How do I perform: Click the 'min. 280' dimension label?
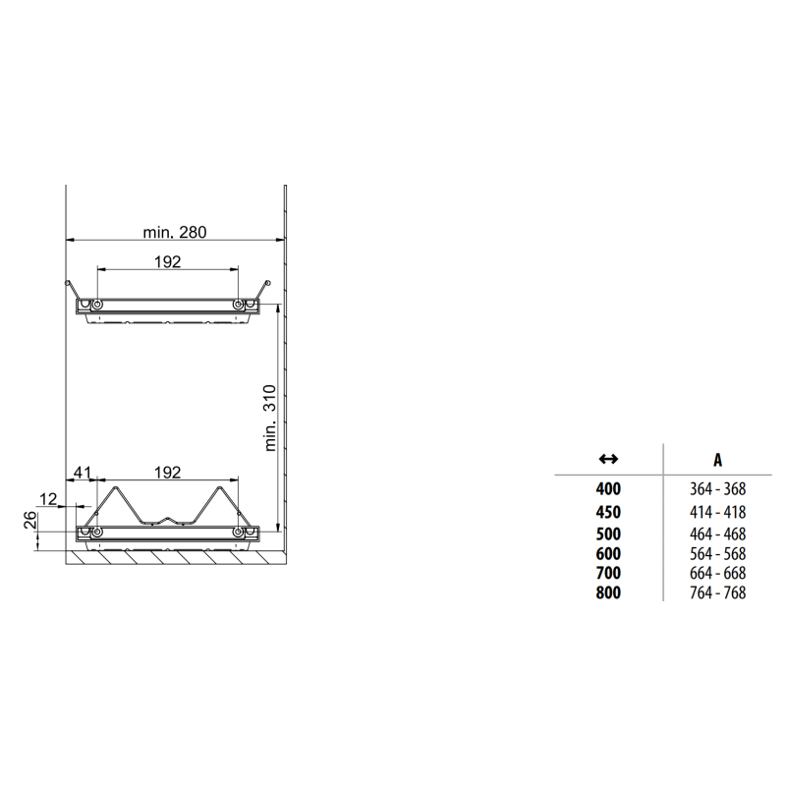coord(175,232)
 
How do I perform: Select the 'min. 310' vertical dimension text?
coord(270,419)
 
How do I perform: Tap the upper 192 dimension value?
coord(167,261)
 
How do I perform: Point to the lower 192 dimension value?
coord(167,473)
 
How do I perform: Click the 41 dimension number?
coord(83,473)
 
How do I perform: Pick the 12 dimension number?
coord(48,499)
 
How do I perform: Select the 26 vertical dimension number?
coord(30,521)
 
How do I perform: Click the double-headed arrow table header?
coord(608,458)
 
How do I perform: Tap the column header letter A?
coord(718,460)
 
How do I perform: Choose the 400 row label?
coord(608,488)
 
